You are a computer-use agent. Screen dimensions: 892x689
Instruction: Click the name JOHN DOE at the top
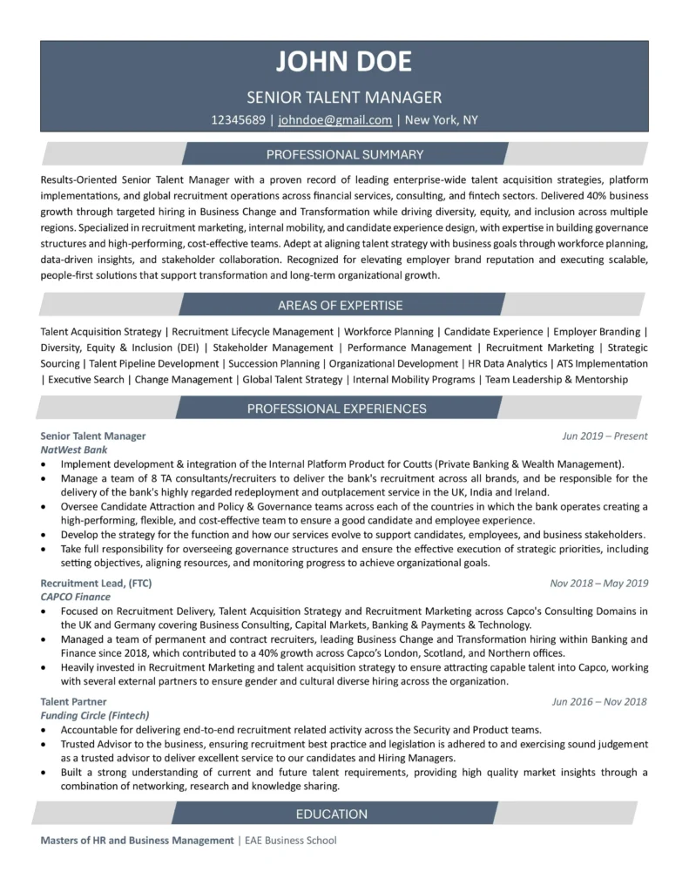[344, 62]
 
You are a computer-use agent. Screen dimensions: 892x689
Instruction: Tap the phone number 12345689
[238, 120]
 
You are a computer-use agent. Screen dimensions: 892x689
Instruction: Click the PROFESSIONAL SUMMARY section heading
[345, 155]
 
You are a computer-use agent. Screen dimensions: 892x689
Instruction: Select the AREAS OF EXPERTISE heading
[340, 305]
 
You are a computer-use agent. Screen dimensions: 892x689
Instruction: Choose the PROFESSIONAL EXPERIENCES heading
[336, 408]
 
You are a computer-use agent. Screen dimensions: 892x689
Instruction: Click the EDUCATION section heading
[332, 814]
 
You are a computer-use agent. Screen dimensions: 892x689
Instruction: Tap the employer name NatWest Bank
[74, 450]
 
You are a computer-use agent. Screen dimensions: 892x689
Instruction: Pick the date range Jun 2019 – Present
[605, 436]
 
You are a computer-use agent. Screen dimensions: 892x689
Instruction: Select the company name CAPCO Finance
[76, 598]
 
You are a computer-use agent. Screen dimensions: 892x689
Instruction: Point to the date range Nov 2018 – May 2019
[598, 583]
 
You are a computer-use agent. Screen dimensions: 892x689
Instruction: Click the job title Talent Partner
[73, 701]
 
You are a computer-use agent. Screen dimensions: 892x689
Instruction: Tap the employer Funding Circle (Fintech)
[95, 715]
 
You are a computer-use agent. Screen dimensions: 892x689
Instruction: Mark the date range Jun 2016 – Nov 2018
[599, 701]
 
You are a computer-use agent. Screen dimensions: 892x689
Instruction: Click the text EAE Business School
[289, 841]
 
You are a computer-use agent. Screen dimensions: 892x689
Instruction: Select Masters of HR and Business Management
[137, 841]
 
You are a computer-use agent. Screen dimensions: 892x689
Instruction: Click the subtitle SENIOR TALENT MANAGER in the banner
[344, 98]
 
